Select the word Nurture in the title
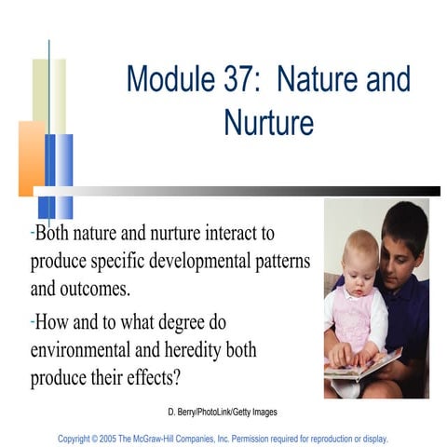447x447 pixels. coord(268,121)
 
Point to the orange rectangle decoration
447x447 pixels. coord(30,158)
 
